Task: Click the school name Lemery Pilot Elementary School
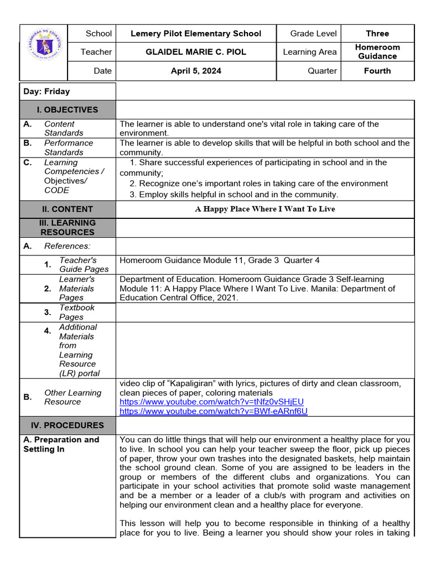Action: coord(195,34)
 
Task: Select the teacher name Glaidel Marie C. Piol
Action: coord(195,52)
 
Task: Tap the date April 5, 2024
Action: coord(195,71)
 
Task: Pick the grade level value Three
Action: coord(377,34)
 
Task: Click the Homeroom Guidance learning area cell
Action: coord(377,52)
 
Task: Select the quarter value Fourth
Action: coord(377,71)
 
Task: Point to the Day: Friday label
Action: coord(46,91)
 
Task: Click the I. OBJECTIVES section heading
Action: coord(68,109)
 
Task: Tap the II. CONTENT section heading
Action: coord(68,209)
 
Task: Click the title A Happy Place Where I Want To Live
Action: coord(265,209)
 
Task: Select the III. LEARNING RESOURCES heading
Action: coord(68,227)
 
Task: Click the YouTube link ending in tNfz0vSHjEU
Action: coord(211,402)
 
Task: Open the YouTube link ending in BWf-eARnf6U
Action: coord(213,411)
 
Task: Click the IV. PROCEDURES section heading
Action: coord(68,425)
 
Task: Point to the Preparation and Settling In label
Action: coord(61,444)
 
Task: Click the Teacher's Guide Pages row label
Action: coord(84,265)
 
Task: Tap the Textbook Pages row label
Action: coord(77,312)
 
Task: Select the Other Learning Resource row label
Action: coord(72,397)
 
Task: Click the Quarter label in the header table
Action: coord(322,71)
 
